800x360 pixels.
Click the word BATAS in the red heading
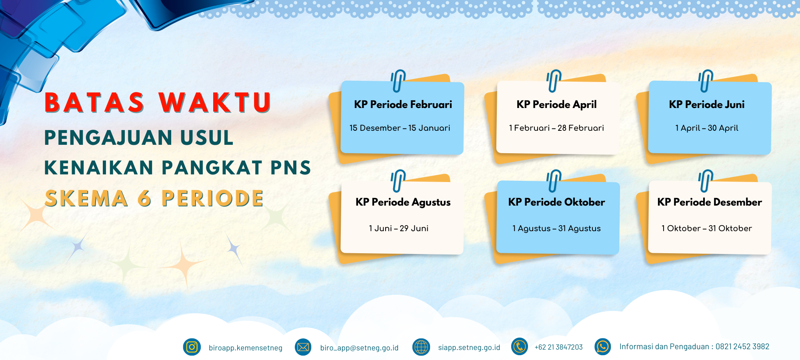[x=94, y=102]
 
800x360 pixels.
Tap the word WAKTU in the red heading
[x=215, y=102]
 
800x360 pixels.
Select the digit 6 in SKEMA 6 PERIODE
[x=144, y=198]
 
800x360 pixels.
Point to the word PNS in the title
[x=291, y=168]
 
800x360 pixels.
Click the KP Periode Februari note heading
[x=403, y=105]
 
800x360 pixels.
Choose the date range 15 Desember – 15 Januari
[x=400, y=128]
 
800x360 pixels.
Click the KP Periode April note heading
[x=556, y=105]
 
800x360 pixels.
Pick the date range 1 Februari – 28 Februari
[x=556, y=128]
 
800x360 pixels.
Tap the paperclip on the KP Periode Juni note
[x=706, y=81]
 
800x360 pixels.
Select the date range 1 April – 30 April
[x=707, y=128]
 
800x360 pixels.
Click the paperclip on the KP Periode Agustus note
[x=398, y=181]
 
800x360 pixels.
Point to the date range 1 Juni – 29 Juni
[x=398, y=228]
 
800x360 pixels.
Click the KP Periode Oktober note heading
[x=556, y=202]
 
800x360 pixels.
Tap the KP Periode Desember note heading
[x=710, y=202]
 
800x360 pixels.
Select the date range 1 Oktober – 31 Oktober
[x=706, y=228]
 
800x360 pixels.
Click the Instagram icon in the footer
[x=192, y=347]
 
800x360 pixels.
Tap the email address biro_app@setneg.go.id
[x=359, y=348]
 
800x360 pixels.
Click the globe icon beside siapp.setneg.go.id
[x=421, y=347]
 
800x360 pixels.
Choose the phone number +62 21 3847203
[x=558, y=347]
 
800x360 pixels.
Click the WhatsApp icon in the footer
[x=602, y=347]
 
